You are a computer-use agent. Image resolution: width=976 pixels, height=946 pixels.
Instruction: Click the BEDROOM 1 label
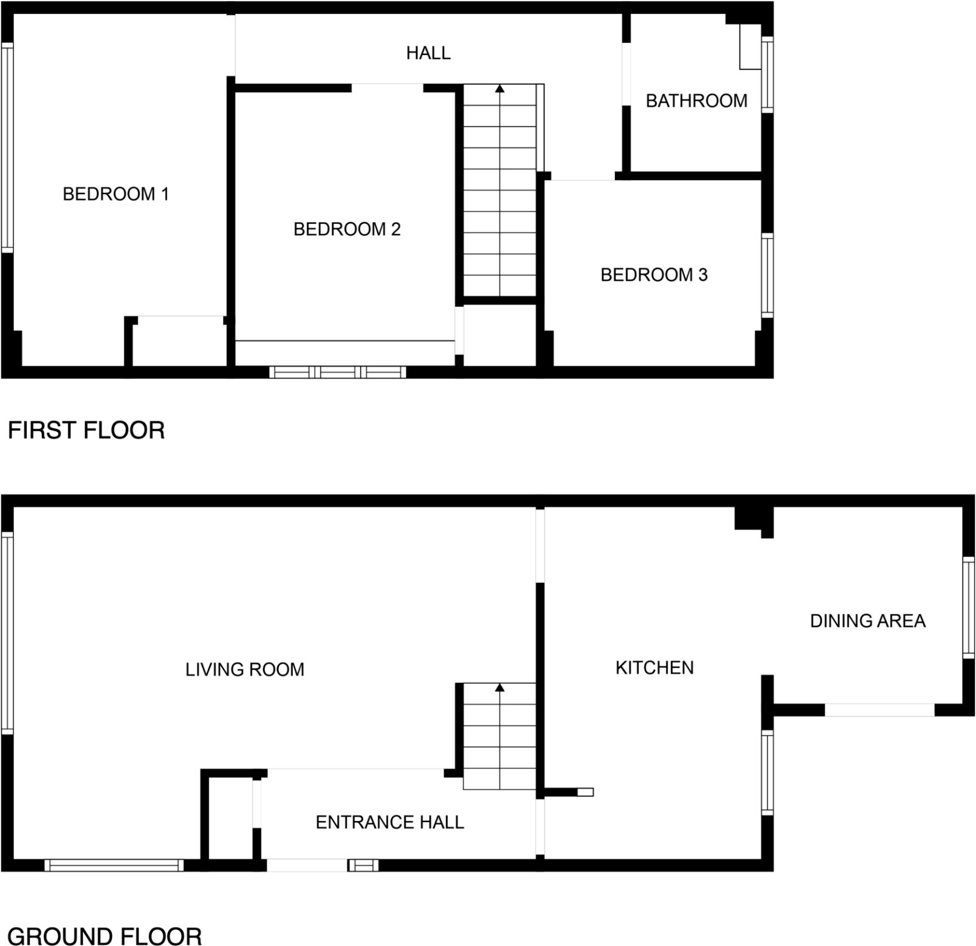(x=115, y=194)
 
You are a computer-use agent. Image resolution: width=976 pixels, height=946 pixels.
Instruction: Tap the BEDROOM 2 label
(x=346, y=229)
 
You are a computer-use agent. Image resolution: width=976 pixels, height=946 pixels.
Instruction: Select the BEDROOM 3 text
(x=654, y=275)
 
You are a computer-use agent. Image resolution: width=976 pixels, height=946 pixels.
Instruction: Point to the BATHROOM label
(x=696, y=101)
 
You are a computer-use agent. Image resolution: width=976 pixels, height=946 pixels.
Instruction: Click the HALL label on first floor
(x=428, y=53)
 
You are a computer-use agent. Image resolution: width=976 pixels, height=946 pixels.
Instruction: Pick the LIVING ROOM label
(x=245, y=670)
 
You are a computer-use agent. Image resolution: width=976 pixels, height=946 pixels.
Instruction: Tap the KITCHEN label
(x=655, y=668)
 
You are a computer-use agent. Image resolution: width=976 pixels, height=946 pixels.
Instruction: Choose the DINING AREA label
(x=867, y=621)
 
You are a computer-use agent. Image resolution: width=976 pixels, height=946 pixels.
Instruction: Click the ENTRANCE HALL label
(x=390, y=822)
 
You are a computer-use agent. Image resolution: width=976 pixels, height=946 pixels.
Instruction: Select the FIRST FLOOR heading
(x=86, y=430)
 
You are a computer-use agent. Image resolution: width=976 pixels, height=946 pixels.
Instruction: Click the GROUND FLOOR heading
(x=104, y=936)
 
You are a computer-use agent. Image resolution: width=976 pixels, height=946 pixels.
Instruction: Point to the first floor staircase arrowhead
(x=500, y=89)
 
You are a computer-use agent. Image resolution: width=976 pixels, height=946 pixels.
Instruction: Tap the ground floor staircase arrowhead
(x=500, y=688)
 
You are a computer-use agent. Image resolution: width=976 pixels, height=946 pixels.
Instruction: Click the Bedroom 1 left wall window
(x=7, y=148)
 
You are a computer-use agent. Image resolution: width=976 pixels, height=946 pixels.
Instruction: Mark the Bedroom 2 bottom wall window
(x=337, y=372)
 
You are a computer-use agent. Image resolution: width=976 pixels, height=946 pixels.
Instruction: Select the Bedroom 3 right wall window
(x=767, y=275)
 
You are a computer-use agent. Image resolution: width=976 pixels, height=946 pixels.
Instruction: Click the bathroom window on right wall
(x=767, y=74)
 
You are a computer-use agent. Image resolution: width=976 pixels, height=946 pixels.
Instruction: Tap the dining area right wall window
(x=969, y=607)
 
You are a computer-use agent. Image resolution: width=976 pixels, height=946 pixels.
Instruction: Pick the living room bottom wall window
(x=114, y=865)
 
